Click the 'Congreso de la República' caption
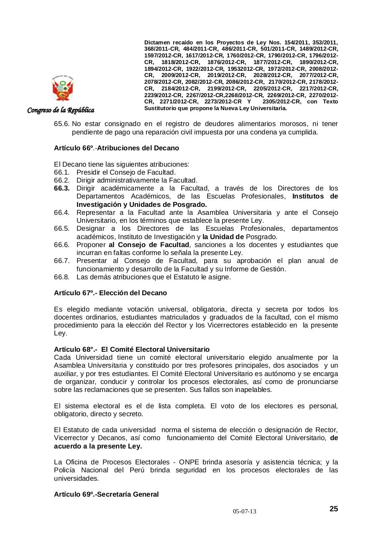pos(61,110)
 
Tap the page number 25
pos(333,509)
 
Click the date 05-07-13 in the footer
pos(245,512)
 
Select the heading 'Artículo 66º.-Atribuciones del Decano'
pos(116,148)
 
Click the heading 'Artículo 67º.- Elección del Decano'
pos(110,293)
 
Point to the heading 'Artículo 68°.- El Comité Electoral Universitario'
pos(132,349)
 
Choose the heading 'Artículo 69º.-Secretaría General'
pos(106,494)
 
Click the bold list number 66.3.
pos(62,188)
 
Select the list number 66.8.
pos(61,277)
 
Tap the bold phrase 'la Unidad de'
pos(223,237)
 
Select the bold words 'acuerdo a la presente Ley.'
pos(98,446)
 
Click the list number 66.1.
pos(61,172)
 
